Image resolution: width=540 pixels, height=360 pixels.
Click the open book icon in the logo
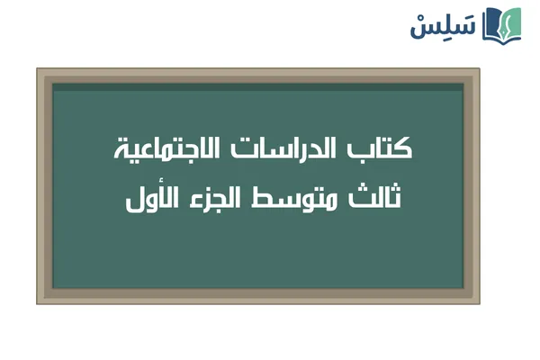[502, 24]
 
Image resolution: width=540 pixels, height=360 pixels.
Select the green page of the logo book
[512, 24]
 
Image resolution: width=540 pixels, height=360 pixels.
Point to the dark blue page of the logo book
[492, 25]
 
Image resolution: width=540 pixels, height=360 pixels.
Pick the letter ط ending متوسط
[289, 196]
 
